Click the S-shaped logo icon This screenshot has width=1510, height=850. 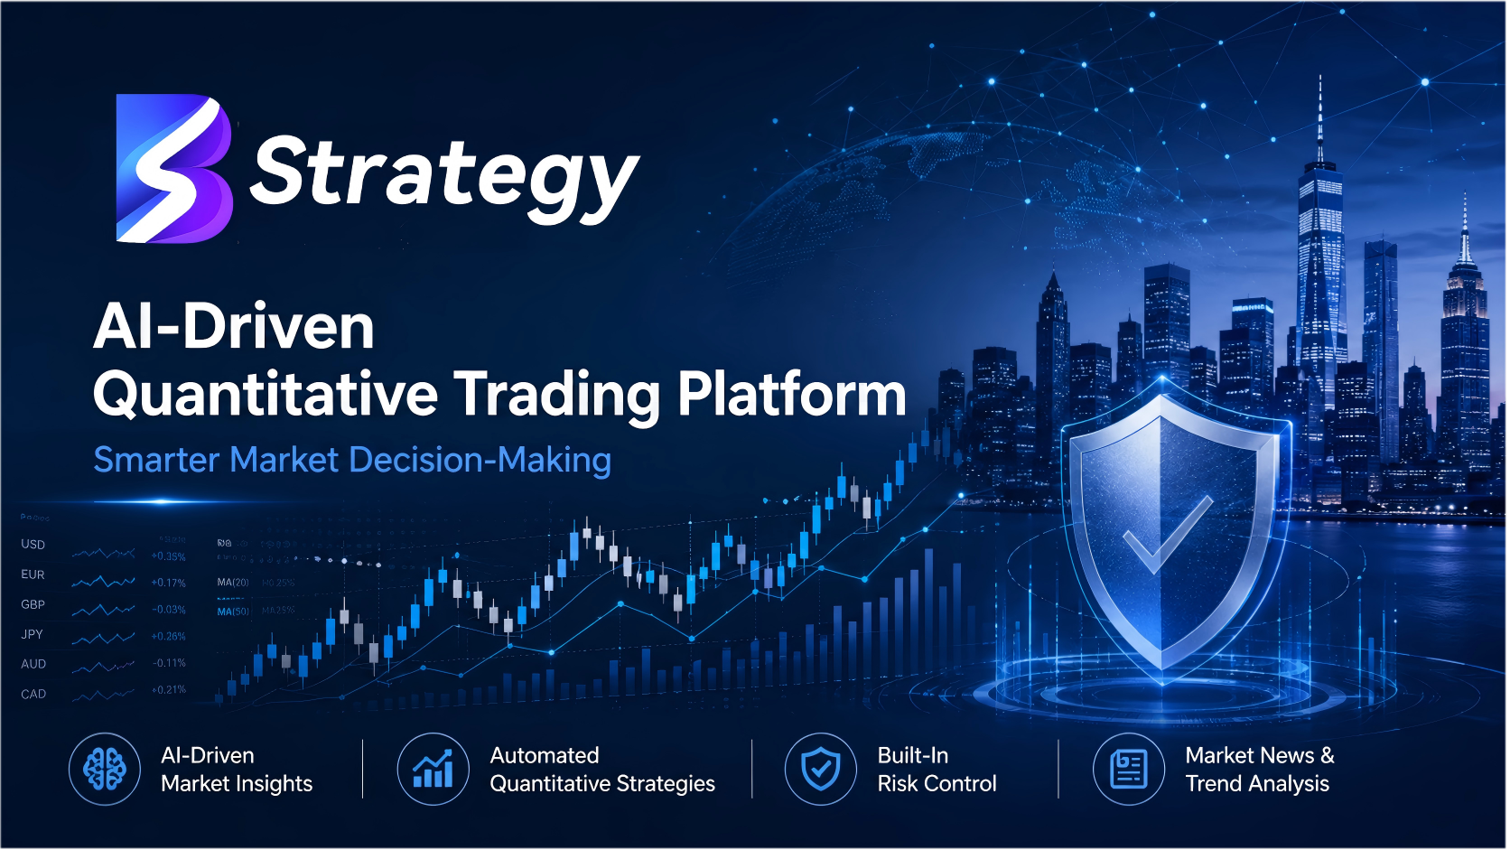point(173,169)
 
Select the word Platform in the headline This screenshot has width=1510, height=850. point(792,395)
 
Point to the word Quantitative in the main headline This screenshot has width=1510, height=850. point(265,395)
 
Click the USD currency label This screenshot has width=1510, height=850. point(33,545)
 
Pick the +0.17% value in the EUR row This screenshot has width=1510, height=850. point(169,583)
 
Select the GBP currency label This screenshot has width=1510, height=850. point(33,604)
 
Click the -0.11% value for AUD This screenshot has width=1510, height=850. point(169,663)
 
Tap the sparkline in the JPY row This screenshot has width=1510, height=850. point(103,638)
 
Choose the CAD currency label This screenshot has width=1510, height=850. point(33,695)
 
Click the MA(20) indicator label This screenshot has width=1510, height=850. point(233,583)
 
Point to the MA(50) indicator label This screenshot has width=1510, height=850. point(233,612)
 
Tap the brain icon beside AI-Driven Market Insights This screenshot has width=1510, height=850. point(105,770)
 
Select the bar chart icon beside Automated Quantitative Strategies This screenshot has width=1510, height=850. point(433,770)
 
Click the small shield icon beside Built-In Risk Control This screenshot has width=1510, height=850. point(820,770)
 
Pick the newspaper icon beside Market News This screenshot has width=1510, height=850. point(1128,770)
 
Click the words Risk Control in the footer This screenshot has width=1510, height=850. point(937,784)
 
